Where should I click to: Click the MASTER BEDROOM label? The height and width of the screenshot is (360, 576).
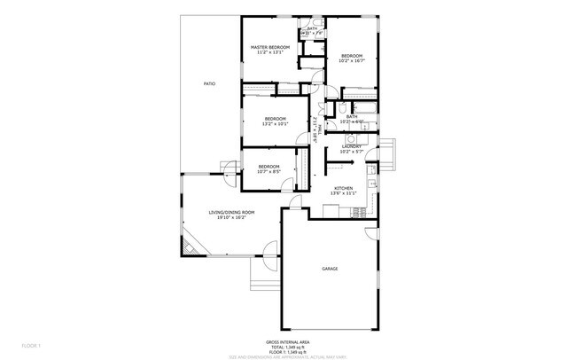click(270, 47)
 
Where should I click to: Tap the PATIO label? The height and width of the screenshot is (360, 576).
click(209, 83)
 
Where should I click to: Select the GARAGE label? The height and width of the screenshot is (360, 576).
click(330, 268)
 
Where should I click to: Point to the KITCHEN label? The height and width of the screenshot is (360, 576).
click(344, 188)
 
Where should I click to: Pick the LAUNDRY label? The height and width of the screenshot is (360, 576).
click(352, 145)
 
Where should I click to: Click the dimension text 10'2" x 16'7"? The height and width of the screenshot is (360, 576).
click(352, 61)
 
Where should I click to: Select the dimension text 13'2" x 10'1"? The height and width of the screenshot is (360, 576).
click(275, 124)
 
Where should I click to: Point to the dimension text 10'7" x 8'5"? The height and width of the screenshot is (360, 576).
click(269, 172)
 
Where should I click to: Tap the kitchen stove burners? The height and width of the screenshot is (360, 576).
click(358, 210)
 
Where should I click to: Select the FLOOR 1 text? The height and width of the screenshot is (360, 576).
click(32, 344)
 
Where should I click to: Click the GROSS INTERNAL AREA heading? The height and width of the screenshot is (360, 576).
click(288, 340)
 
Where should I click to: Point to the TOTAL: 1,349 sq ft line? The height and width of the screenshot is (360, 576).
click(288, 346)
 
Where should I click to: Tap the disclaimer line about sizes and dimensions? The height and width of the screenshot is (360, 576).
click(288, 356)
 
